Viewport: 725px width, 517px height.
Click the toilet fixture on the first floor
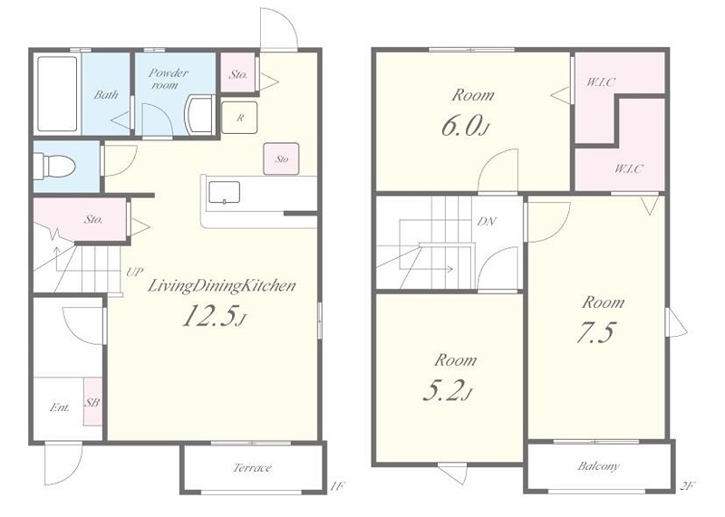click(53, 166)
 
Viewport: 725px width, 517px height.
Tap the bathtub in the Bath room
click(57, 94)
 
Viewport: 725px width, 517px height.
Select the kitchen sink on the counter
click(224, 192)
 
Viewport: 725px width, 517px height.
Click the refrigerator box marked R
click(239, 118)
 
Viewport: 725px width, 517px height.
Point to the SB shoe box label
click(92, 402)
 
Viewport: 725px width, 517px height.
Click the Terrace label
click(252, 467)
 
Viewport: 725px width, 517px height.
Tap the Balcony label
click(598, 465)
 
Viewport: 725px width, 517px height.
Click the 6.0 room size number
click(464, 126)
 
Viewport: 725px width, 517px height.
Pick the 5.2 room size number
click(447, 391)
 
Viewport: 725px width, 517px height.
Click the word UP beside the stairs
click(134, 272)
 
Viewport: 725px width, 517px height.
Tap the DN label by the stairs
click(487, 222)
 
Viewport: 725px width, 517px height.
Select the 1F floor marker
click(338, 485)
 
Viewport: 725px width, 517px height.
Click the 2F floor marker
click(688, 485)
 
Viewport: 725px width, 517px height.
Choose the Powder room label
click(168, 79)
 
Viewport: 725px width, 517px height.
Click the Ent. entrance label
click(60, 407)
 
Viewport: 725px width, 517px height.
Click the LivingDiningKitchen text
click(221, 286)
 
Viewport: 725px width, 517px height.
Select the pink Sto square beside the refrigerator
click(281, 158)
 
